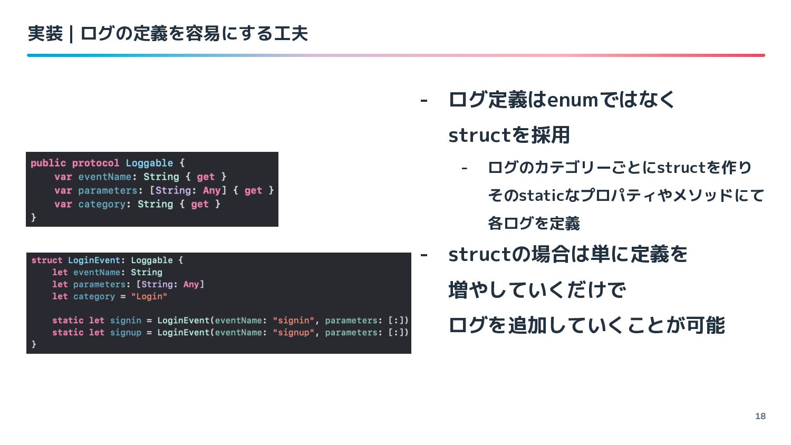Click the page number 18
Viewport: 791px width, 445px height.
click(x=760, y=416)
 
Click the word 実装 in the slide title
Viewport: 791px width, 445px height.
click(x=45, y=34)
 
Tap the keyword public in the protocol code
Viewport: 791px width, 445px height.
click(x=48, y=163)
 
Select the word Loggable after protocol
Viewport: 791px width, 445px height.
click(x=149, y=163)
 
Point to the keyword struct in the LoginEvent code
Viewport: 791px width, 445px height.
click(x=46, y=260)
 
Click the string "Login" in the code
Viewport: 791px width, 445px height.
click(x=149, y=296)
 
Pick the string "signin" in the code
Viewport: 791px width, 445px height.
click(x=294, y=320)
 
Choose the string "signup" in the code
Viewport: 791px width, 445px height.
click(x=294, y=332)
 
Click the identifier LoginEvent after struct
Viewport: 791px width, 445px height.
click(x=94, y=260)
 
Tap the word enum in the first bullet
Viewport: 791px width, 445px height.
click(x=573, y=100)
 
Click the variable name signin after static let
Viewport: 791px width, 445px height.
click(x=126, y=320)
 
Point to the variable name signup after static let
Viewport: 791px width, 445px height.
click(x=126, y=332)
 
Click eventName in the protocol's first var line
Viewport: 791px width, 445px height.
click(x=104, y=177)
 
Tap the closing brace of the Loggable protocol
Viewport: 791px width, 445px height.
click(x=34, y=217)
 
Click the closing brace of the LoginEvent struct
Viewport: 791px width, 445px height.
click(x=34, y=344)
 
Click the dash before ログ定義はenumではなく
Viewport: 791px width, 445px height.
click(x=423, y=100)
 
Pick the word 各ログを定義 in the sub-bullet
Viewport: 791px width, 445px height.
click(x=534, y=224)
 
